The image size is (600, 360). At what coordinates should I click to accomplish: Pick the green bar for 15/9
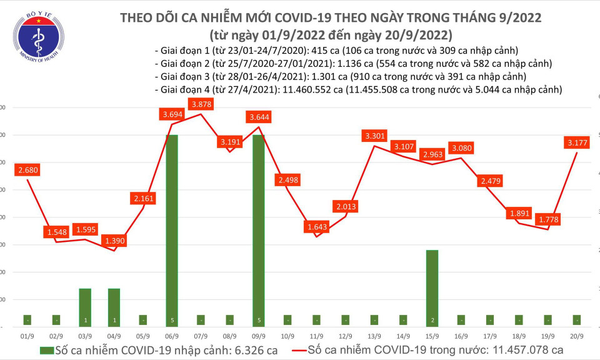(432, 287)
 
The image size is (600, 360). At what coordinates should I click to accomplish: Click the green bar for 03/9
(85, 307)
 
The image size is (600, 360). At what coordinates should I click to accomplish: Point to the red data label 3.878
(200, 103)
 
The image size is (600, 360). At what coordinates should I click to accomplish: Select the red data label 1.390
(113, 240)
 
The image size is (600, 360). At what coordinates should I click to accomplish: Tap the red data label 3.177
(575, 144)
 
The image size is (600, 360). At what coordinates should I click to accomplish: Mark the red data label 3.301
(374, 136)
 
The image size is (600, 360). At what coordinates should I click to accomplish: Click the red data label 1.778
(547, 219)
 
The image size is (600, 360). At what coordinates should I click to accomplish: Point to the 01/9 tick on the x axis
(27, 336)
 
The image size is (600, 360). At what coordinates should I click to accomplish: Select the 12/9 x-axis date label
(345, 336)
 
